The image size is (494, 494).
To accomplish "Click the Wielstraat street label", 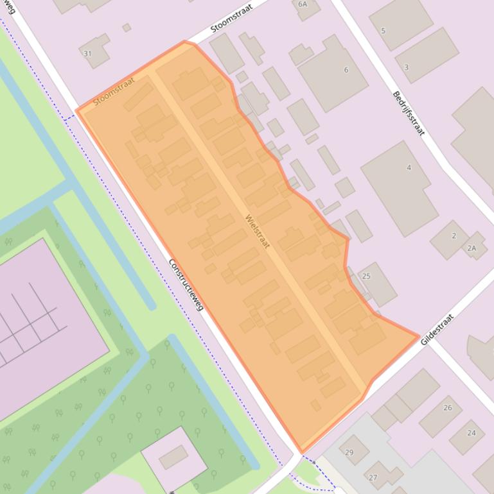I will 258,231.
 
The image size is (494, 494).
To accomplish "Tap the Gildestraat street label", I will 437,330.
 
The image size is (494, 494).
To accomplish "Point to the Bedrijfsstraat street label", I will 409,113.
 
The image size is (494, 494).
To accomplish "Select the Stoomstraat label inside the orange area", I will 114,92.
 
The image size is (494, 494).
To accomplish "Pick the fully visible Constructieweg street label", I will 186,284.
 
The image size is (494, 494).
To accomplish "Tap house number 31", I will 87,53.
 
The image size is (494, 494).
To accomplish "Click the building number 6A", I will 303,4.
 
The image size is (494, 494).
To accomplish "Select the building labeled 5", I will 384,31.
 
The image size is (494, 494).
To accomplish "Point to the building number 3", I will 406,67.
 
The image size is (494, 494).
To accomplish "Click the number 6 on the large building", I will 346,70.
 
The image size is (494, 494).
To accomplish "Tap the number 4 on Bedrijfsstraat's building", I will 409,168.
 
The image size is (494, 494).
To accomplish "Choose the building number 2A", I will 472,248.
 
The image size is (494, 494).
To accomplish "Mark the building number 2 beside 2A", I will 454,235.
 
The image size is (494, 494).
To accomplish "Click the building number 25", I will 366,277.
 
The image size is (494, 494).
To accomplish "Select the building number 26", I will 448,408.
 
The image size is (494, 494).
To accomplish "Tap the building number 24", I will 472,433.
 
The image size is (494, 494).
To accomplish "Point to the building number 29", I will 349,453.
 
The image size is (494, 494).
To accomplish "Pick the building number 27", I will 373,477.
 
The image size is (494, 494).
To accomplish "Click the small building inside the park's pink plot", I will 173,457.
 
